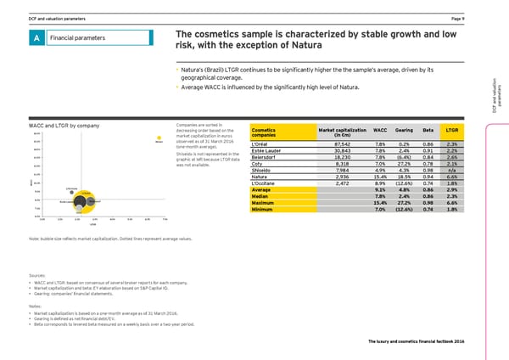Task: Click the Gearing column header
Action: pos(404,129)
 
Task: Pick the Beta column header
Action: pos(428,129)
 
